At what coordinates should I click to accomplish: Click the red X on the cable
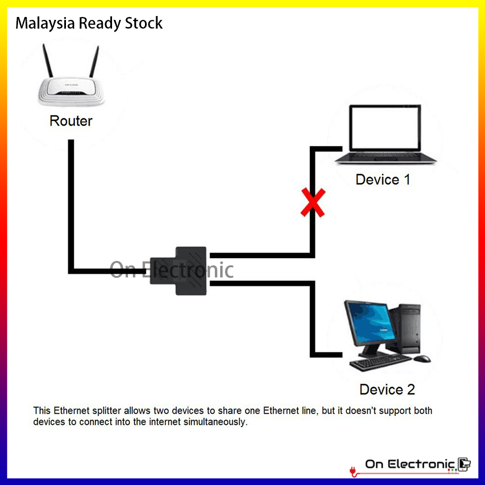pyautogui.click(x=313, y=203)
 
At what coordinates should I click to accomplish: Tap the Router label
pyautogui.click(x=71, y=121)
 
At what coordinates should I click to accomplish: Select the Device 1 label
pyautogui.click(x=383, y=179)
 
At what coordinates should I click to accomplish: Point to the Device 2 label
pyautogui.click(x=387, y=389)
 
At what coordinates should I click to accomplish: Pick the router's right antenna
pyautogui.click(x=94, y=63)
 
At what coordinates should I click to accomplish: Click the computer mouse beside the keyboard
pyautogui.click(x=421, y=358)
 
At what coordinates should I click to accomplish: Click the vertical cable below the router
pyautogui.click(x=71, y=204)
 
